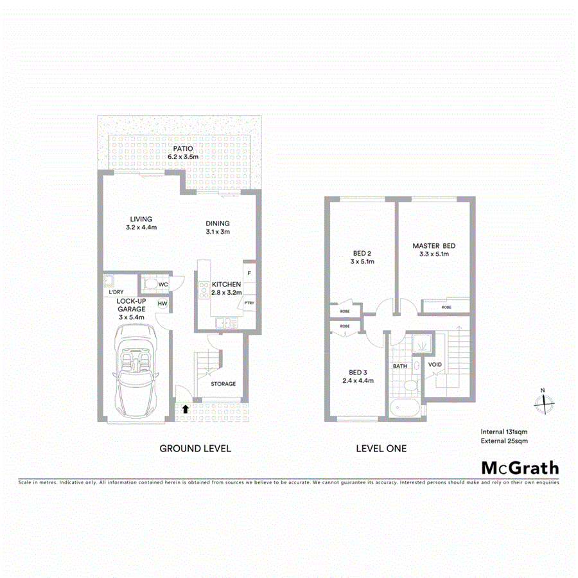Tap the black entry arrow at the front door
[186, 408]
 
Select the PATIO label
[180, 148]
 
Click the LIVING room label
[141, 219]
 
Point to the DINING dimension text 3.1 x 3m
[218, 232]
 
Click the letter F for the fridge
[249, 274]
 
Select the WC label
[163, 285]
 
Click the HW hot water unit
[162, 304]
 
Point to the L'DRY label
[116, 292]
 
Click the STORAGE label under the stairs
[223, 384]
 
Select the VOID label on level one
[435, 365]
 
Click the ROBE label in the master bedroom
[446, 308]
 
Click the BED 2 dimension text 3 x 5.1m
[362, 261]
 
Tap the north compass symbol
[544, 403]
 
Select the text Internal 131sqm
[504, 432]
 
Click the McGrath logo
[520, 468]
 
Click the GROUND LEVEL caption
[195, 448]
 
